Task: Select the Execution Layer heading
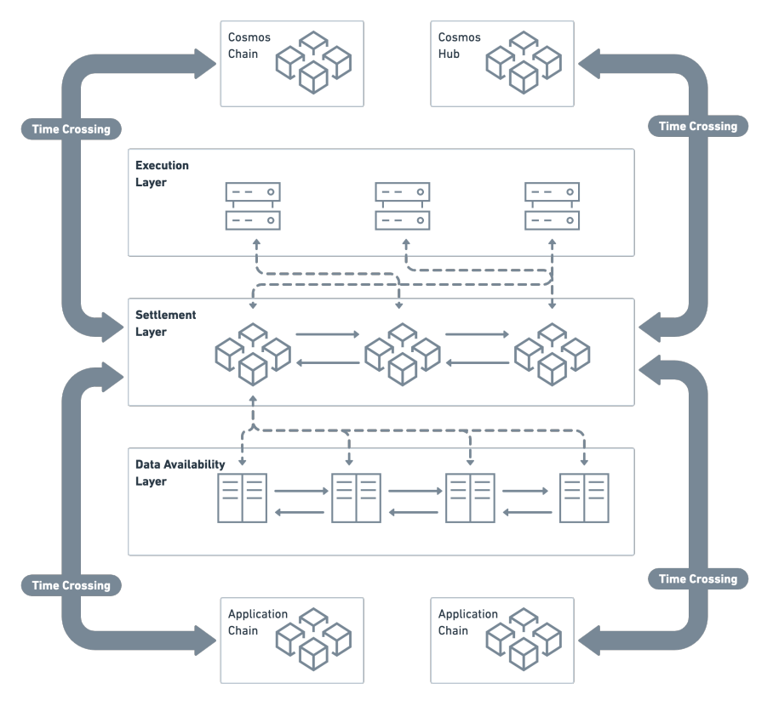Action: (162, 174)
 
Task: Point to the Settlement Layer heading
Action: (165, 323)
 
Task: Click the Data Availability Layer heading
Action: (180, 473)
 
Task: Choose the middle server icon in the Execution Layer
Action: (403, 206)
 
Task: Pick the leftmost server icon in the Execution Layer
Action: (253, 206)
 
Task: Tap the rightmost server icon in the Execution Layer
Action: (553, 206)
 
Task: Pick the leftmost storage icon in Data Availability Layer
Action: (243, 498)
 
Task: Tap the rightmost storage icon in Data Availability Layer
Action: (583, 498)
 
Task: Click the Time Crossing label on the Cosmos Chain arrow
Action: (71, 129)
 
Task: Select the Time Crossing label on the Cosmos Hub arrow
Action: (698, 126)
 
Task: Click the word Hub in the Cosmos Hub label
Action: (448, 54)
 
